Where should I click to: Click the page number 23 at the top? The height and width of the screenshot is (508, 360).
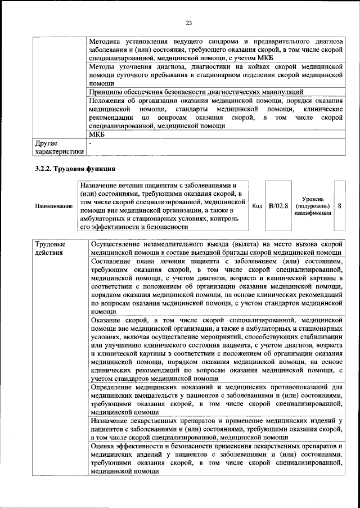point(188,23)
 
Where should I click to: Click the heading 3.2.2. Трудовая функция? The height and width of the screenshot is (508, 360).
point(75,168)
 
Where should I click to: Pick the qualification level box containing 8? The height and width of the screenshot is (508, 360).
point(340,206)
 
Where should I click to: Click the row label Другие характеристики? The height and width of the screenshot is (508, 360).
point(59,147)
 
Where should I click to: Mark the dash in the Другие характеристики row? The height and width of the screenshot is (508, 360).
point(91,143)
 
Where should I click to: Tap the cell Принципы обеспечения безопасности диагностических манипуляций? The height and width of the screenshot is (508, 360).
point(196,92)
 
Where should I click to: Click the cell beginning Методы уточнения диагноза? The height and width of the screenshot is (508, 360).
point(216,75)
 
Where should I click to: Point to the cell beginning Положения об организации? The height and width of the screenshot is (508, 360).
point(216,113)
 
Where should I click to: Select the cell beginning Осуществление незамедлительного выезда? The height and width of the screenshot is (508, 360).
point(216,249)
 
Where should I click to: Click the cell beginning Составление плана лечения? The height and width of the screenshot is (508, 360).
point(216,286)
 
